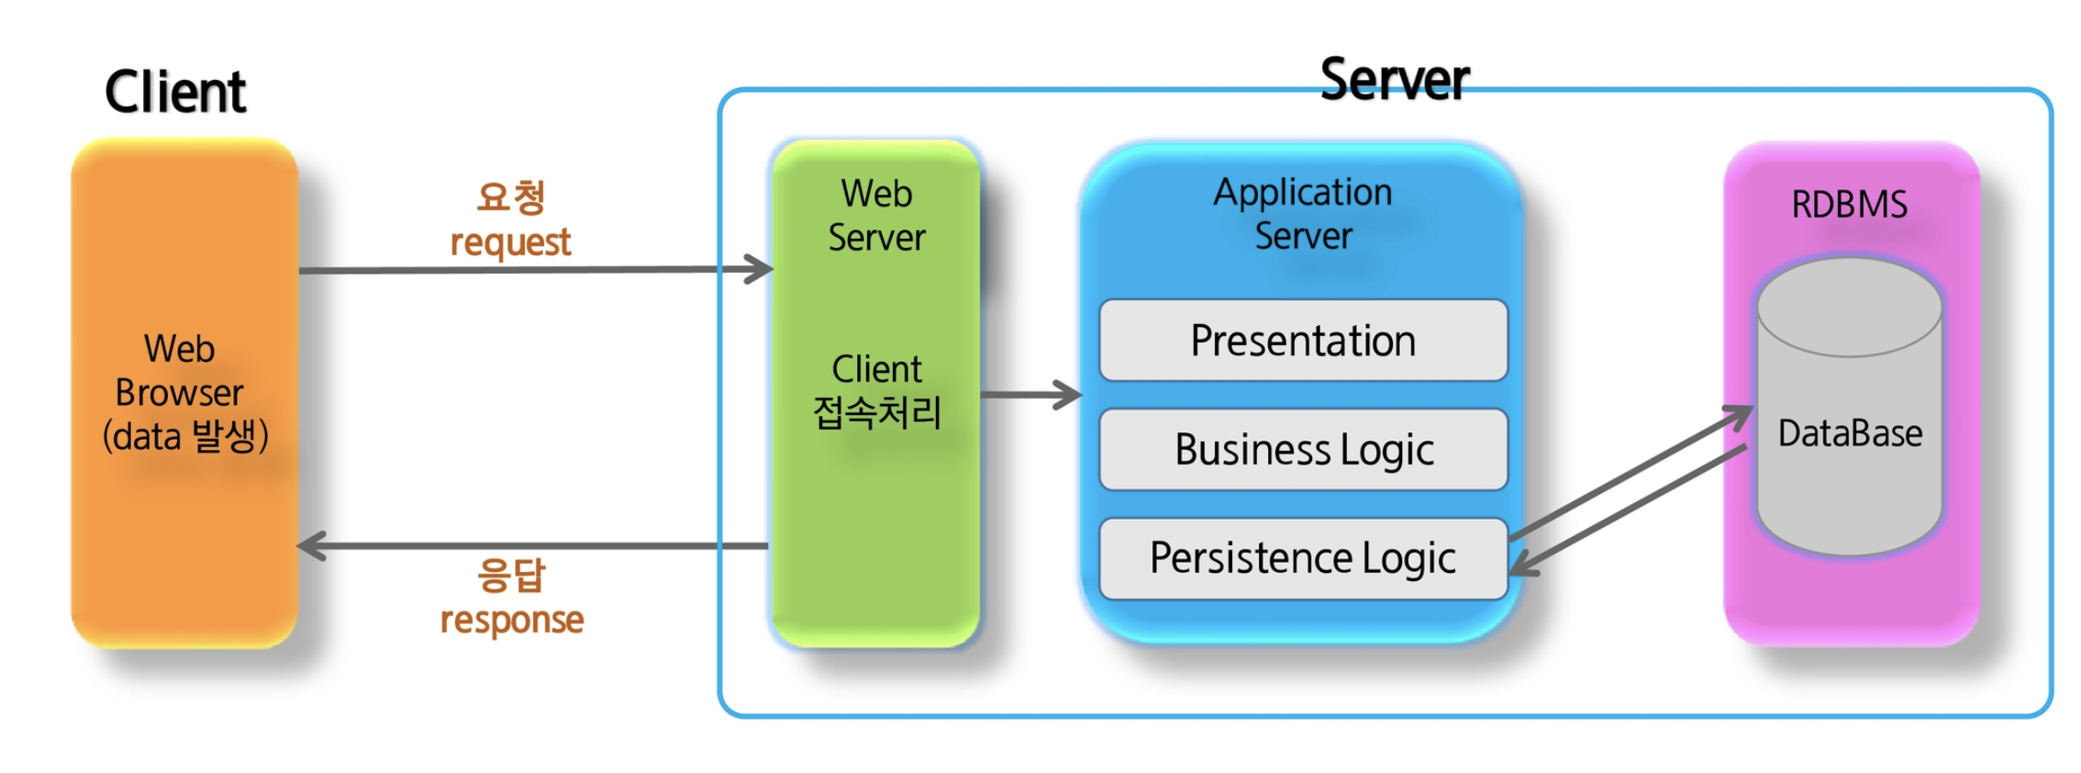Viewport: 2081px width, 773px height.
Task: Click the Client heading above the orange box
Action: pos(175,92)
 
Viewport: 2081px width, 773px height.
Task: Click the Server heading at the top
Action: pos(1394,80)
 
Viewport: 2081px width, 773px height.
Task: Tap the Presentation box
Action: pos(1303,341)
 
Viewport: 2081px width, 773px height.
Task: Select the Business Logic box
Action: pos(1303,450)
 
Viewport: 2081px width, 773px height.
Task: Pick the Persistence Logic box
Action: pos(1303,558)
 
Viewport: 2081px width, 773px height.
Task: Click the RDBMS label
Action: pos(1849,204)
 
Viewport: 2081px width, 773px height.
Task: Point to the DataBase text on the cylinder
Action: pos(1850,433)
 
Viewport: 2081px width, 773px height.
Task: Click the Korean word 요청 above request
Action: pos(511,197)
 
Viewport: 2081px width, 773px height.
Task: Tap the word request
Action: pos(510,242)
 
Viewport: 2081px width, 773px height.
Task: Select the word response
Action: pos(511,621)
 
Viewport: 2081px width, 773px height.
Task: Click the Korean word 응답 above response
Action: pos(511,576)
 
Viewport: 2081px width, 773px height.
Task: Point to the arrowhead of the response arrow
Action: pos(310,546)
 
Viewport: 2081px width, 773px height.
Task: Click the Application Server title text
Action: pos(1303,214)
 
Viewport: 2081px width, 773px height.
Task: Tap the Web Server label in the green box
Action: pos(876,216)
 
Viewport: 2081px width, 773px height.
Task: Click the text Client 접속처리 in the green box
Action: pos(877,391)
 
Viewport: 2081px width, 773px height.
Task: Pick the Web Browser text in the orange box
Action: pos(179,371)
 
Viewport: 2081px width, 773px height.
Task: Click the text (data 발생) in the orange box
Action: pos(184,436)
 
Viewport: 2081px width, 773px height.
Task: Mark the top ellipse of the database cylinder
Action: pos(1850,308)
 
